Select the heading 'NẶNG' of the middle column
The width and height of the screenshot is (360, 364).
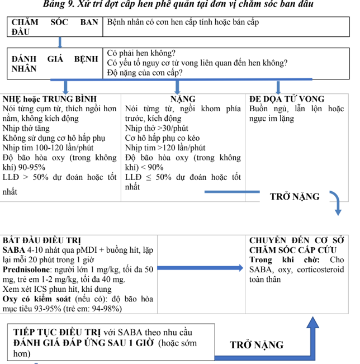point(183,100)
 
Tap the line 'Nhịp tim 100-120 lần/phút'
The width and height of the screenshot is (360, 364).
point(48,148)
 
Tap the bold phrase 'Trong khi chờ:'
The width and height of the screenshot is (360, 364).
point(283,260)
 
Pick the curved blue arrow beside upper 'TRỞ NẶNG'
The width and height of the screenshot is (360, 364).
point(336,201)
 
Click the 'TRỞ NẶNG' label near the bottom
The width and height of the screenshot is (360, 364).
point(257,344)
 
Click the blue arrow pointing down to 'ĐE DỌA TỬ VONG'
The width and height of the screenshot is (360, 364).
point(278,87)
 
